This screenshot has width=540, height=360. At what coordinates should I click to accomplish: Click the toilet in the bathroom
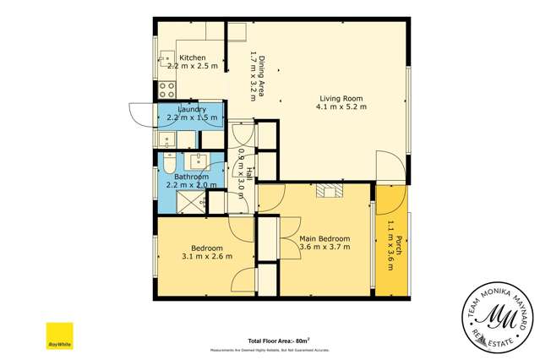point(168,164)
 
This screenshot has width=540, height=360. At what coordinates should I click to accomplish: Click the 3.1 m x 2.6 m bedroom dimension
point(207,256)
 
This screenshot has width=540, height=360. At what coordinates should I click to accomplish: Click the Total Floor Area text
point(277,341)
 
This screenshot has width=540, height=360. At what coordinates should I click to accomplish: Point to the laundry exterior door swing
point(139,114)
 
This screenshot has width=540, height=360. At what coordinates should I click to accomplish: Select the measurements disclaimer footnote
point(275,349)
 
